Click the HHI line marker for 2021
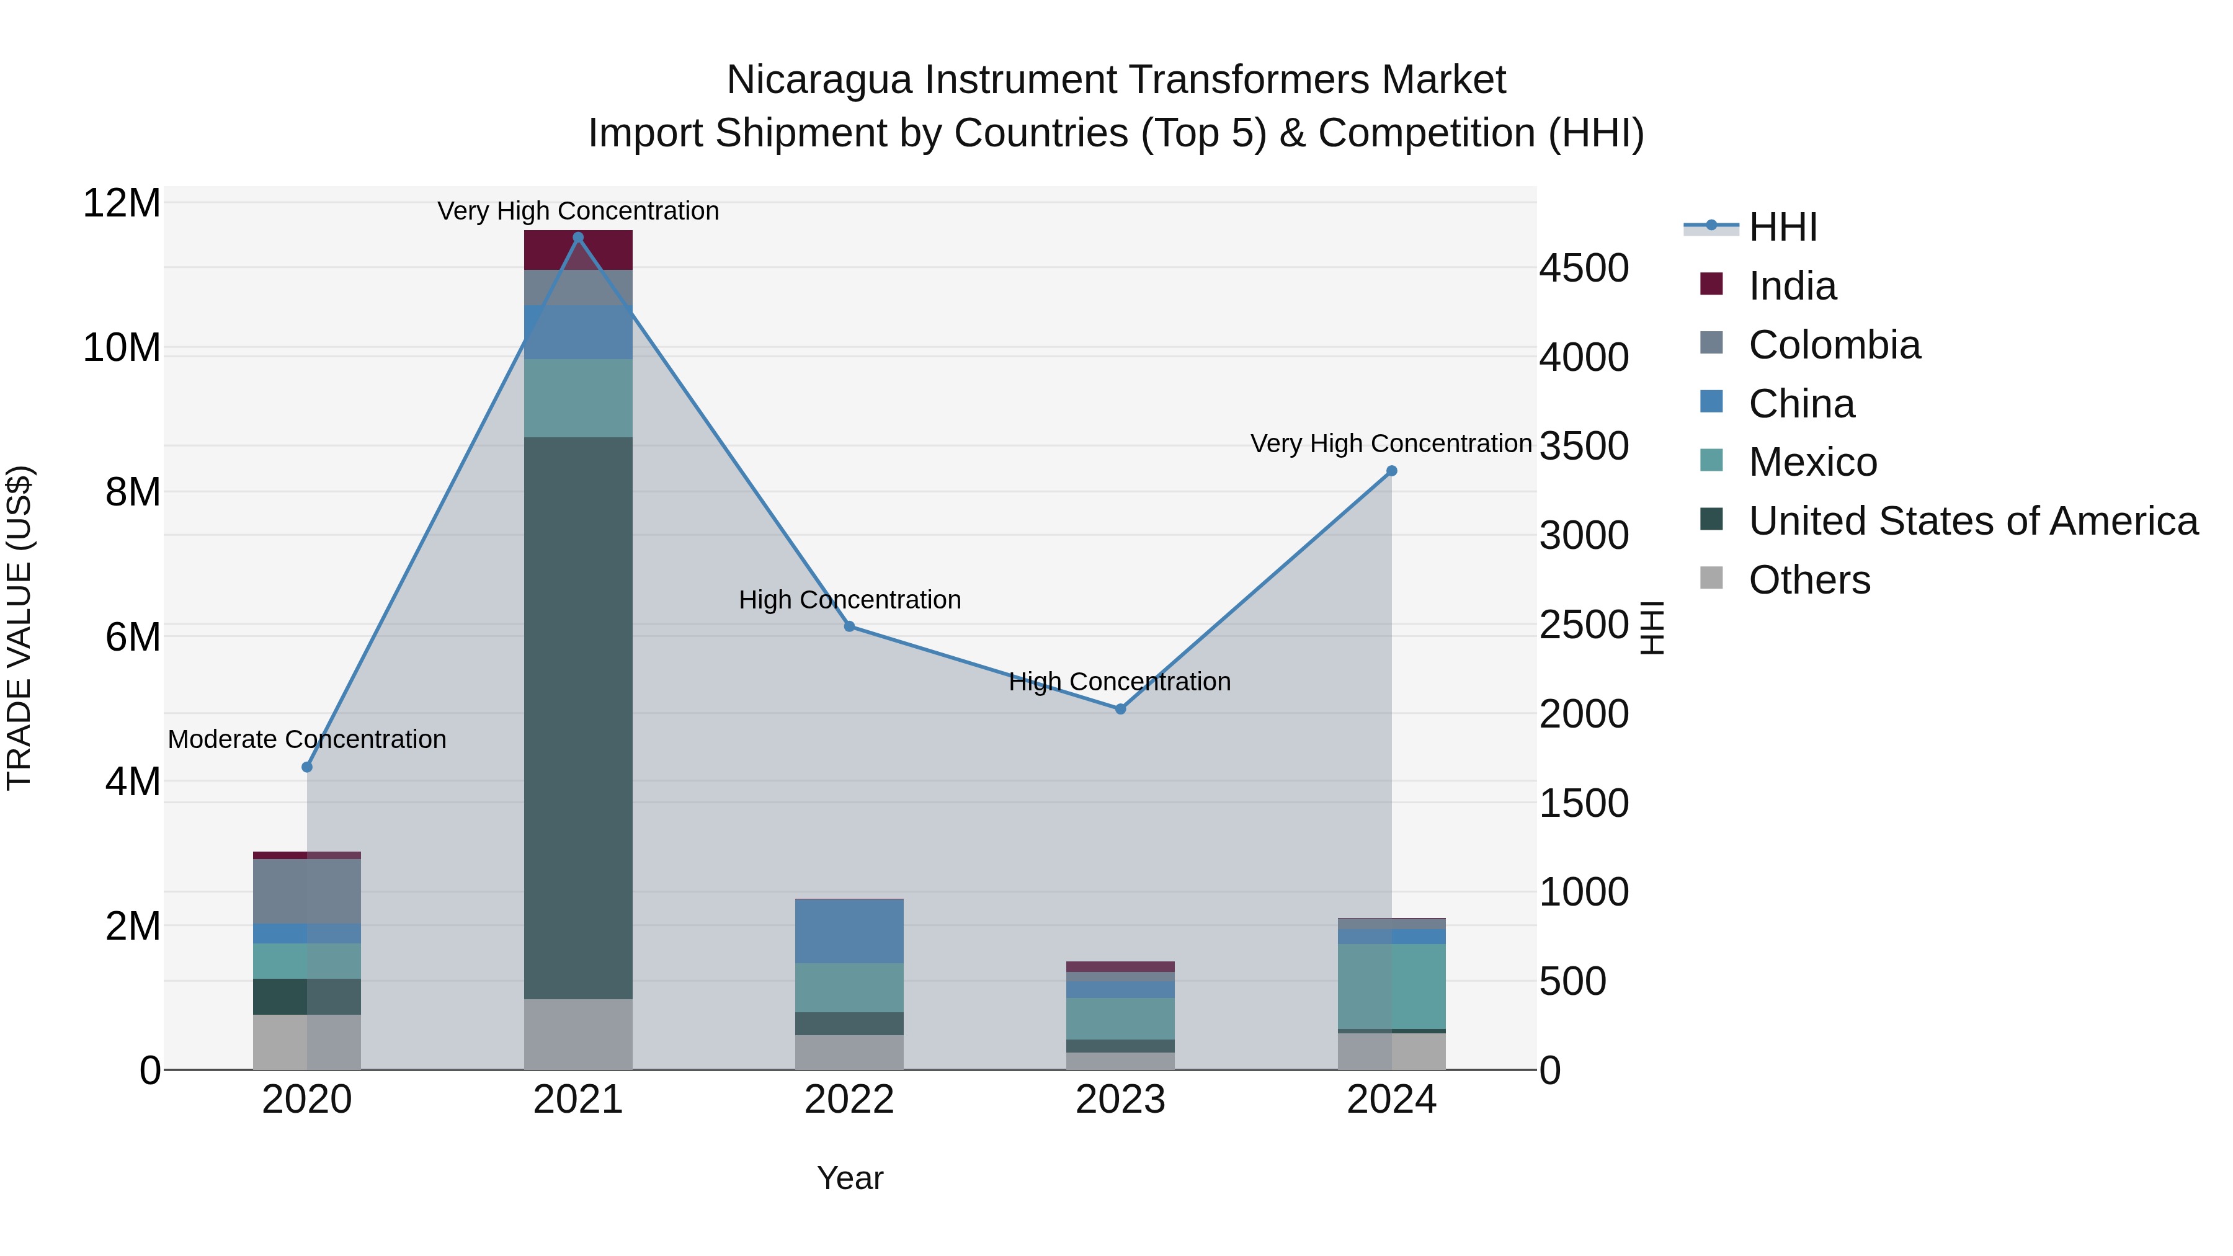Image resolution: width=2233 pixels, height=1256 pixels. (578, 238)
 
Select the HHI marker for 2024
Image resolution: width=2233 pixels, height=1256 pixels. (1391, 471)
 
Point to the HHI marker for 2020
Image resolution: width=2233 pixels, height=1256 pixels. (307, 767)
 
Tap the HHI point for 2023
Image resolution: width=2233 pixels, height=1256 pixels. (1120, 709)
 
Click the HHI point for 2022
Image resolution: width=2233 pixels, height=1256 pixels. (850, 626)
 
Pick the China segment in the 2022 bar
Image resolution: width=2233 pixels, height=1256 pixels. (850, 931)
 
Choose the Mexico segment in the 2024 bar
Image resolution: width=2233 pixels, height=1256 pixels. (1391, 986)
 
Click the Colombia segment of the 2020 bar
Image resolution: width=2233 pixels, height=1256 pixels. (307, 891)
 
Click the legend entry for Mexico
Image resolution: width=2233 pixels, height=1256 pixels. (1812, 462)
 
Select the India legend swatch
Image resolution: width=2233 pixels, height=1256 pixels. (1711, 284)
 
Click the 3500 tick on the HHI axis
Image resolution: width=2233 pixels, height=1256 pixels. (1584, 447)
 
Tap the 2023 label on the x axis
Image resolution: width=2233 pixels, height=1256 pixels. (1120, 1100)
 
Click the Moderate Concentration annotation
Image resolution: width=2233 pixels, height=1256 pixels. (307, 739)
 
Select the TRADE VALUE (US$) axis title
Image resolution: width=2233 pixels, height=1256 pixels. (19, 628)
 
